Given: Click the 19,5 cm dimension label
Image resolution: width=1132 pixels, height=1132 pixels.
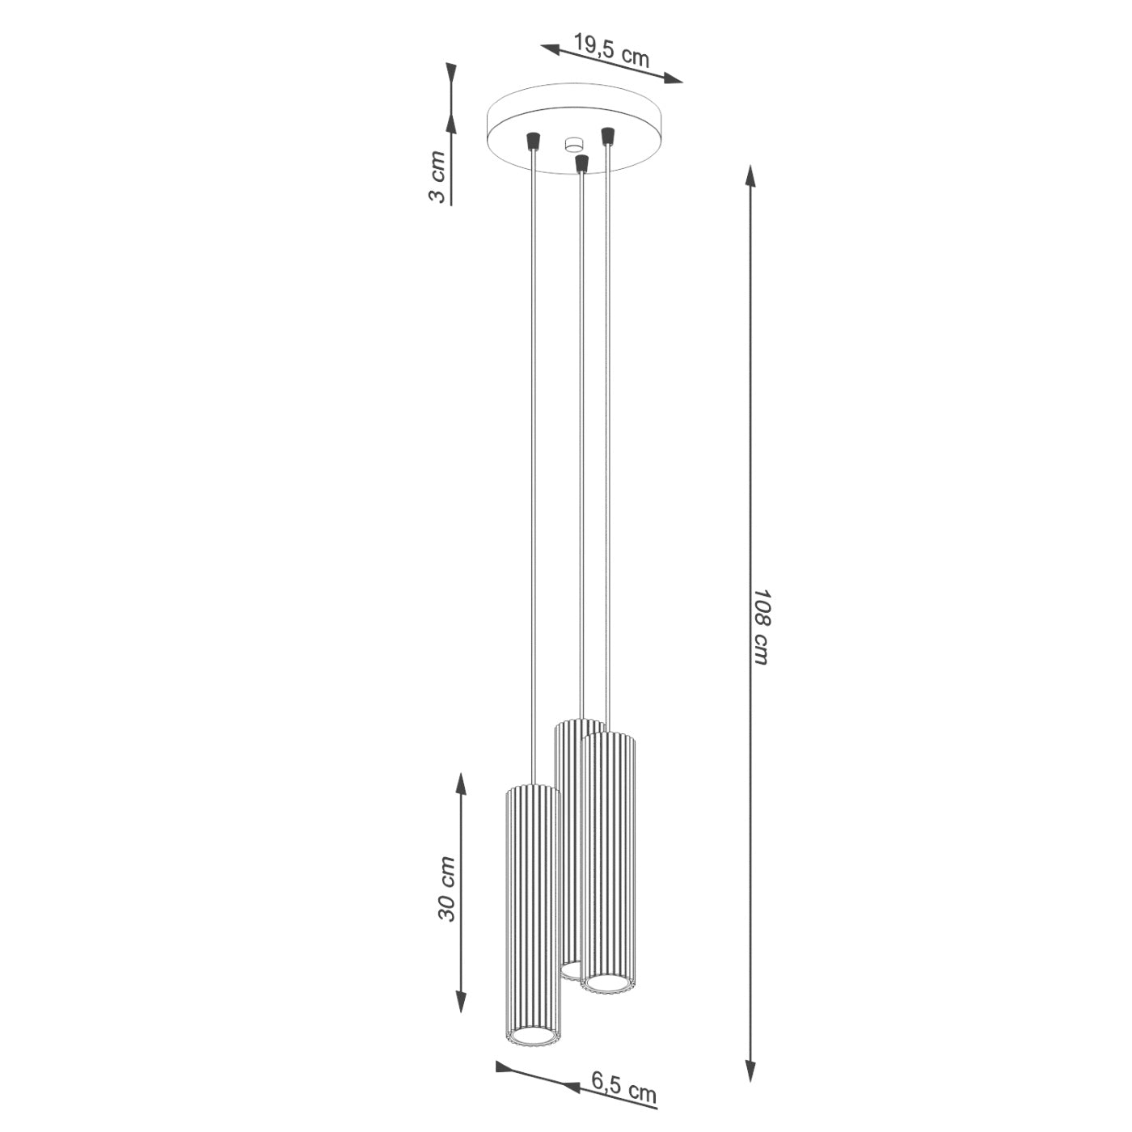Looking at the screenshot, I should (611, 49).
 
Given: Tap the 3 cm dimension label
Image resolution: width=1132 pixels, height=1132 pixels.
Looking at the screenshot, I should (437, 176).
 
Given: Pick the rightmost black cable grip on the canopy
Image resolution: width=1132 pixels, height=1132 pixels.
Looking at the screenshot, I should (606, 134).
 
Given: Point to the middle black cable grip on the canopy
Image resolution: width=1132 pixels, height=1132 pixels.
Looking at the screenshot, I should (581, 163).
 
